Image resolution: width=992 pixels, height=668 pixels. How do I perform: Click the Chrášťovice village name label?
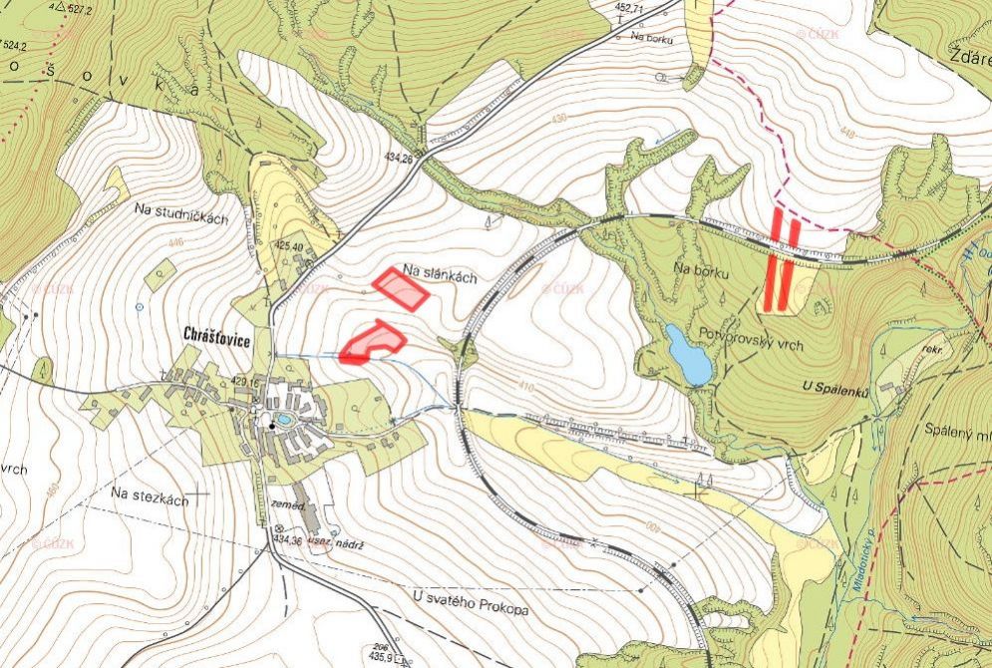click(217, 334)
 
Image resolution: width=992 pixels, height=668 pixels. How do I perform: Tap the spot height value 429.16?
click(245, 382)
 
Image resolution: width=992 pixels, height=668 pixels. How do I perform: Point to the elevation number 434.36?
click(285, 540)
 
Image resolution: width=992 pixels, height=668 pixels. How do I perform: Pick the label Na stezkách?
click(150, 496)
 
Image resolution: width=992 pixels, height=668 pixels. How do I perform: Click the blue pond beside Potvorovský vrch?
click(689, 355)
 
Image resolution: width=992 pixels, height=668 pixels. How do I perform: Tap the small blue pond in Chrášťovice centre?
click(283, 420)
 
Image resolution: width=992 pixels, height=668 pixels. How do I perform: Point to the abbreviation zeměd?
click(287, 506)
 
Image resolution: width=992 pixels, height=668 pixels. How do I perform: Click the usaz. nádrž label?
click(336, 542)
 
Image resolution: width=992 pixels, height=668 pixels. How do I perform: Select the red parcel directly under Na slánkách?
click(401, 289)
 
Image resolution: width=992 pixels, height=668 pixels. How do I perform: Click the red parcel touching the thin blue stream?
click(372, 342)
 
